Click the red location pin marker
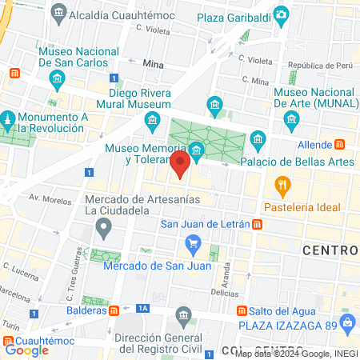point(181,166)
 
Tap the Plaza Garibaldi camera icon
point(281,14)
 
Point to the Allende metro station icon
point(340,143)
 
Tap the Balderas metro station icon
point(114,308)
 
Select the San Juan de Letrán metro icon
point(258,224)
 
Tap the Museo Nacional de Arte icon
point(290,120)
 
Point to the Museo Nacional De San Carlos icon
point(58,78)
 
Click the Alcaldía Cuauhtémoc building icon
point(58,14)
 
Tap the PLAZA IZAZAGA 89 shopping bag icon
point(346,323)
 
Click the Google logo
point(26,350)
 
